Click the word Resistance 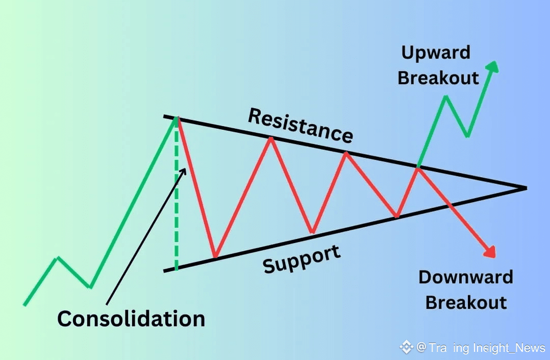[300, 125]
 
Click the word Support [302, 259]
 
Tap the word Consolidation [131, 319]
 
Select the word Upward [436, 53]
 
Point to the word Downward [465, 277]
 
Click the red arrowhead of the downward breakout [490, 252]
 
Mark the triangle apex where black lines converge [525, 188]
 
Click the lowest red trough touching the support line [215, 257]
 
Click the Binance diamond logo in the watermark [406, 347]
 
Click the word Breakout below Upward [438, 78]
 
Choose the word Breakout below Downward [466, 302]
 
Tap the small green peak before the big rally [57, 258]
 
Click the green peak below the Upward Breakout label [446, 97]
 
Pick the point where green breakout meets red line [418, 167]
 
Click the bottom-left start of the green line [24, 305]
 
